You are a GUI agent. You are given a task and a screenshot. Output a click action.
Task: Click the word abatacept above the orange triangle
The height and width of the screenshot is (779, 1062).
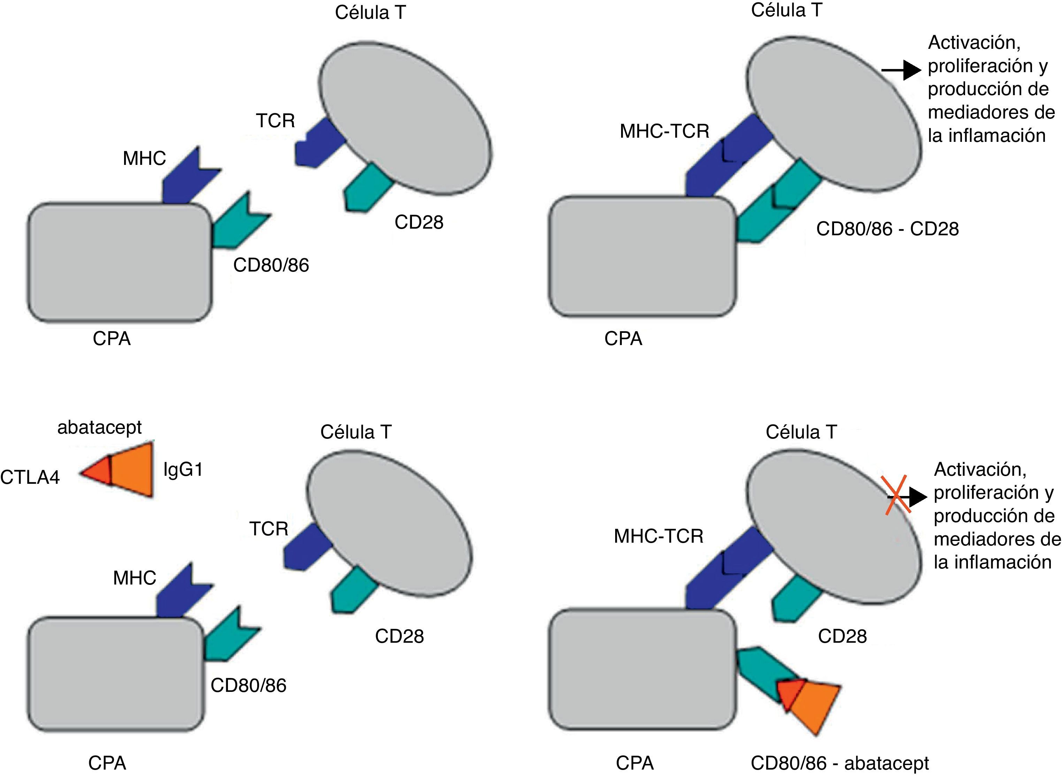[x=99, y=427]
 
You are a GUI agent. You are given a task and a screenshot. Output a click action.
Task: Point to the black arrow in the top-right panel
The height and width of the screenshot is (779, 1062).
[x=901, y=70]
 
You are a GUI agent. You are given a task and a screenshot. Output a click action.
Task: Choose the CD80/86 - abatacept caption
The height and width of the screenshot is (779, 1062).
[x=839, y=763]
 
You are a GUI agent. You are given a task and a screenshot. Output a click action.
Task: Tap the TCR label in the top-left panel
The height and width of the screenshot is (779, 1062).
[x=275, y=121]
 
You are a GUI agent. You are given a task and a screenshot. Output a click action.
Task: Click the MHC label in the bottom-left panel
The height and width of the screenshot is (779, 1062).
[x=135, y=578]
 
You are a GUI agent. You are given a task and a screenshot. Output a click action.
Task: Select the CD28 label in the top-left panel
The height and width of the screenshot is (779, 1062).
[x=419, y=222]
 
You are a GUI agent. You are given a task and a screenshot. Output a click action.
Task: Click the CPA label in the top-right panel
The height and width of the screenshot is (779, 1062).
[x=623, y=338]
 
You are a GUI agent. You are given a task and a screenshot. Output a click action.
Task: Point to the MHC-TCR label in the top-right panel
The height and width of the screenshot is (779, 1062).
[x=664, y=131]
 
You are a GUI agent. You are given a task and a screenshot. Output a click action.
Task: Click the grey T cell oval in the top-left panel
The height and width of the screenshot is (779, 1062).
[x=406, y=118]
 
